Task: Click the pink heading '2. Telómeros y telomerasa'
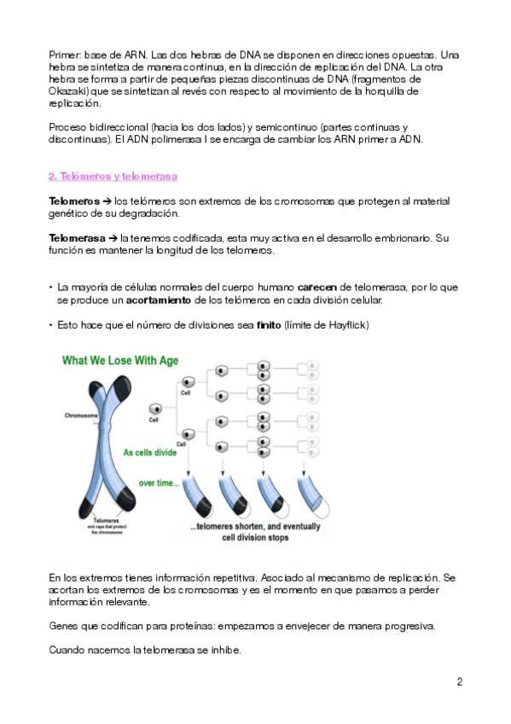click(x=113, y=177)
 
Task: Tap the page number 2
click(x=459, y=681)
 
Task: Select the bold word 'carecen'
click(x=316, y=287)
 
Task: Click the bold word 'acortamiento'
click(x=158, y=301)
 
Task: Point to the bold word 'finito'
click(x=269, y=325)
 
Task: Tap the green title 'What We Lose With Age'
click(x=120, y=360)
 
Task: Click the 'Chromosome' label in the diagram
click(x=81, y=415)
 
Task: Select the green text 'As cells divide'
click(x=150, y=452)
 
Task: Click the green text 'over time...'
click(x=160, y=483)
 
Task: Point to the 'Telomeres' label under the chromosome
click(x=107, y=521)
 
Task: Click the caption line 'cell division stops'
click(x=255, y=538)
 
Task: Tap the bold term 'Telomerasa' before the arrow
click(x=77, y=238)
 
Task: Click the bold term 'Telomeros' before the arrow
click(x=74, y=201)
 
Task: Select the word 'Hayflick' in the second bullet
click(x=347, y=325)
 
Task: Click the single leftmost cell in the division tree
click(x=156, y=409)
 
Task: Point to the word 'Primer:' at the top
click(x=65, y=55)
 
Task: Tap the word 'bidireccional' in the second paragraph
click(x=119, y=127)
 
